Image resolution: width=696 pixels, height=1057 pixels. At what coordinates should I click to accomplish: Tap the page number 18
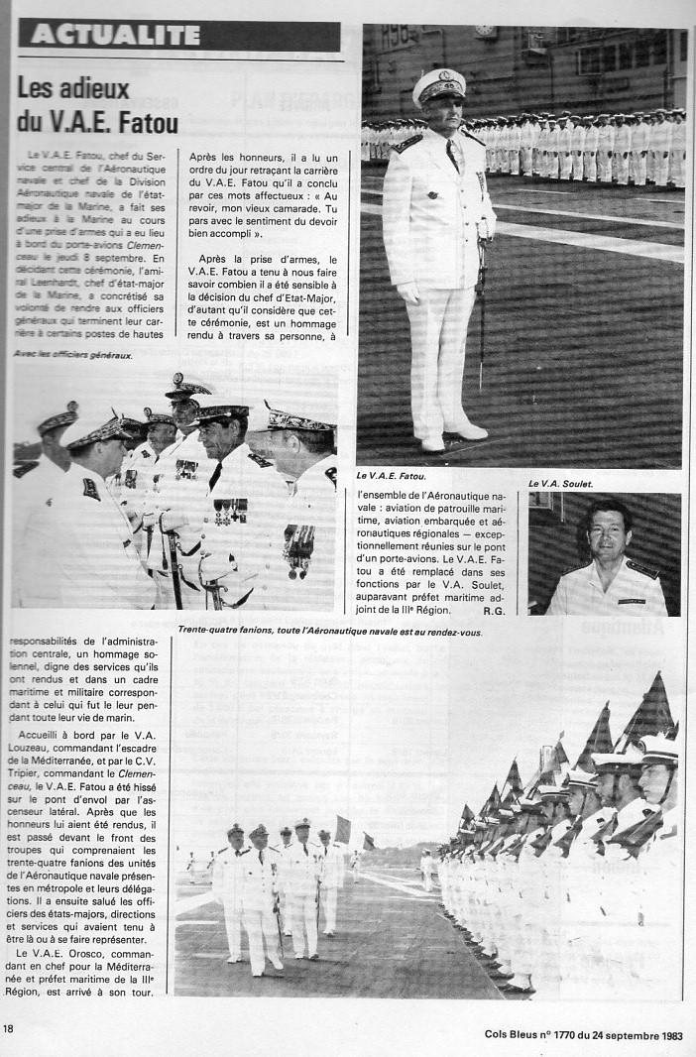[8, 1027]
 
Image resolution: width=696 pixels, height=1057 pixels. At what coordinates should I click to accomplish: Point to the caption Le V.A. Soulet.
[561, 483]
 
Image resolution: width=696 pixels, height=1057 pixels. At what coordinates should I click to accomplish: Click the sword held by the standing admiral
[483, 297]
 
